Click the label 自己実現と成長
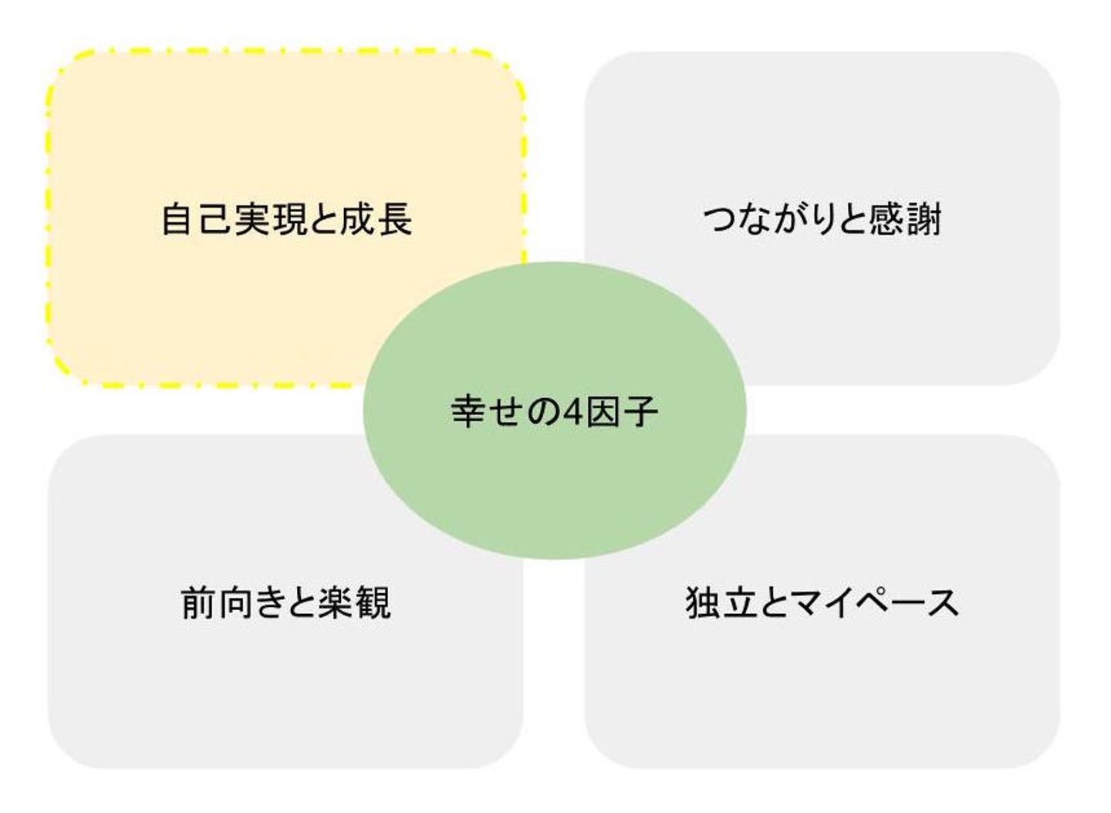(286, 219)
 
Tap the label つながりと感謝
(822, 219)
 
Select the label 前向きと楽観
(286, 602)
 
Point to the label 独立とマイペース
(822, 602)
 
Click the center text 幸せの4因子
(554, 411)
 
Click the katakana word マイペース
(875, 602)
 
